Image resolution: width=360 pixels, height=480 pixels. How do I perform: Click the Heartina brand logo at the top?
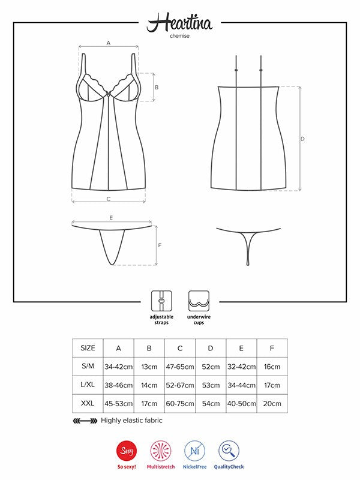pos(179,22)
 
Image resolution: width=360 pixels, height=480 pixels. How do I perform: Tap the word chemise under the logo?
pos(179,36)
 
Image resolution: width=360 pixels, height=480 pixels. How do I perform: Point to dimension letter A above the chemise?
pos(109,43)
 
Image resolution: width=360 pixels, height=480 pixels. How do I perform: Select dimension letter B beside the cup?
pos(157,87)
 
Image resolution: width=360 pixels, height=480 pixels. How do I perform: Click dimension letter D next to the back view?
pos(302,139)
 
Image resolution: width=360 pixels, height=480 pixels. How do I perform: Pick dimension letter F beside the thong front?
pos(160,245)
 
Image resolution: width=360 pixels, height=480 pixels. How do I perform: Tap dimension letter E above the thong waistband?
pos(111,218)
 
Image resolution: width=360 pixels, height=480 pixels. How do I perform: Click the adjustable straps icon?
pos(161,301)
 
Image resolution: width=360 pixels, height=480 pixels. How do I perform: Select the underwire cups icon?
pos(199,301)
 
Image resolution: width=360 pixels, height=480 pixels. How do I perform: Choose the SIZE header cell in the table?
pos(88,348)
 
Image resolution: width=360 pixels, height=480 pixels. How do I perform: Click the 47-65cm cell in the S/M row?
pos(180,367)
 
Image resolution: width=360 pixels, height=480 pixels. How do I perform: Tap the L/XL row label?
pos(88,385)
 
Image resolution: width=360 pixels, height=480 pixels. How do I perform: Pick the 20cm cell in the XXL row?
pos(272,404)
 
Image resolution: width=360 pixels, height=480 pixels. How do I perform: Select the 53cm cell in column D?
pos(211,385)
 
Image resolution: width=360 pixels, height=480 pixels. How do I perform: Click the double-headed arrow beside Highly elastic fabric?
pos(85,421)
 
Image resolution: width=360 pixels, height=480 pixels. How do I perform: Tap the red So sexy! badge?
pos(127,451)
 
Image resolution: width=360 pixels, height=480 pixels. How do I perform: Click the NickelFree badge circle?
pos(194,451)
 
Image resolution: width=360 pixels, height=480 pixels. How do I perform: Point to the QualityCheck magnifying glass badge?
pos(229,451)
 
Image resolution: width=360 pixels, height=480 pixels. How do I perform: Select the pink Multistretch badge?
pos(161,451)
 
